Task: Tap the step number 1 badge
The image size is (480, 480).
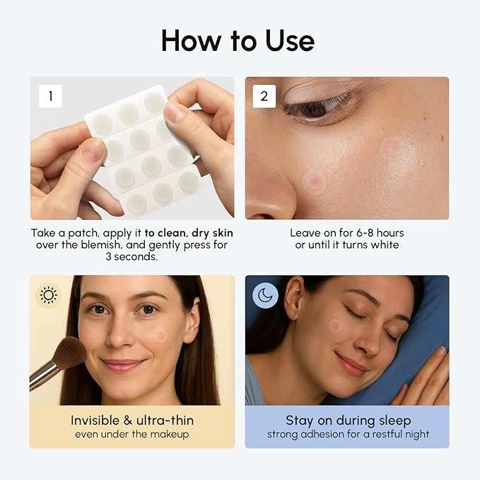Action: (x=49, y=96)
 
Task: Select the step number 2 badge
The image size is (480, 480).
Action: (x=264, y=96)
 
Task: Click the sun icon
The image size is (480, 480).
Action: (x=49, y=294)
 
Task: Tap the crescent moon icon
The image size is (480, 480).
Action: (x=265, y=295)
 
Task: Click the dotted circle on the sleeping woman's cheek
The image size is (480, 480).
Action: (x=334, y=326)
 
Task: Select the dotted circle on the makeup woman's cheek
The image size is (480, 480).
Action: (x=160, y=336)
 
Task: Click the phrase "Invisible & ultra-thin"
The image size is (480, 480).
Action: (x=131, y=420)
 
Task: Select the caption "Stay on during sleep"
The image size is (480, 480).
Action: (x=346, y=420)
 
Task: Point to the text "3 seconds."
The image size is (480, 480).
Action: (x=131, y=257)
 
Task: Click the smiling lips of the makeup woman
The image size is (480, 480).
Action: (x=124, y=365)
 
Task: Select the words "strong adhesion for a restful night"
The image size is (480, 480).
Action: (x=346, y=434)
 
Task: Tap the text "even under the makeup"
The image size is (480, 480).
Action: (x=131, y=434)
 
